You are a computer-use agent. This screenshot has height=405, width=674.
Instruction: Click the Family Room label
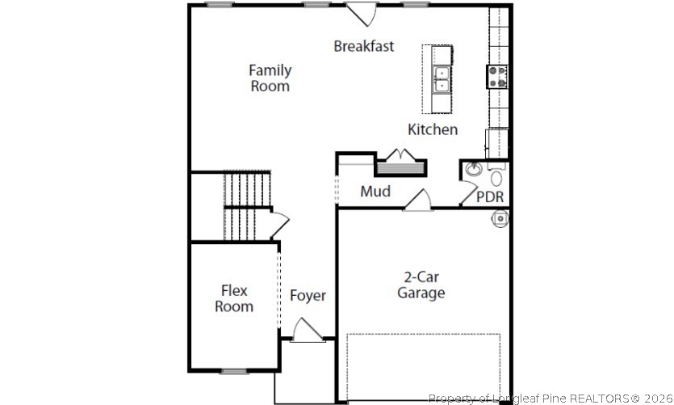click(x=270, y=78)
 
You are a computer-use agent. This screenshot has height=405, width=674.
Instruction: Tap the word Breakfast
click(x=364, y=46)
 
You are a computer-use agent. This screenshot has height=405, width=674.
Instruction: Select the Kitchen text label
click(x=433, y=129)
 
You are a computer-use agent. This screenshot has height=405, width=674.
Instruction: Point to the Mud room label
click(x=375, y=192)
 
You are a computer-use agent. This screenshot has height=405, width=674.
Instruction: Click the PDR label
click(x=490, y=197)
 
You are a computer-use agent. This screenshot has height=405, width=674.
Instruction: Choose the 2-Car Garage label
click(x=421, y=285)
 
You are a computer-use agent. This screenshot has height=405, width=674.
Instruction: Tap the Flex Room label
click(x=234, y=298)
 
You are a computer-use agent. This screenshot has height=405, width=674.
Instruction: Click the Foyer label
click(x=308, y=296)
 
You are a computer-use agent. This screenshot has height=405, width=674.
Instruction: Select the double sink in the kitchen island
click(x=441, y=78)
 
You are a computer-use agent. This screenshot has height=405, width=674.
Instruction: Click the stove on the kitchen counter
click(x=496, y=76)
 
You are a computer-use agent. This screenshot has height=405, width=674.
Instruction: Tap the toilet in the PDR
click(x=496, y=176)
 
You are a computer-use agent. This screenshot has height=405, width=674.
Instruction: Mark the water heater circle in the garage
click(x=500, y=217)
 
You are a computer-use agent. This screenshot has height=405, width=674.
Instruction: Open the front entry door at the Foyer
click(x=307, y=331)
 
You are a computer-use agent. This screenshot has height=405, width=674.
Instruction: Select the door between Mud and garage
click(x=418, y=200)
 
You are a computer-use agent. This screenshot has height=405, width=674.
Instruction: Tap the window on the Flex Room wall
click(x=233, y=371)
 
